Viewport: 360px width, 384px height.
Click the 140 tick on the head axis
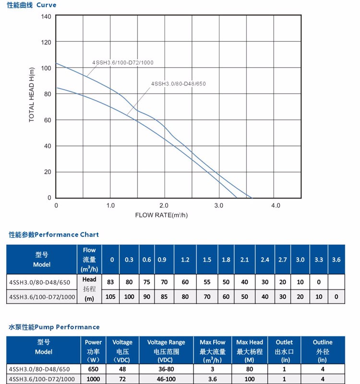(46, 16)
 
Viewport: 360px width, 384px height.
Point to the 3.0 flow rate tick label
(219, 206)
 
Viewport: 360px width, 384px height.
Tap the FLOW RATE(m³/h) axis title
(161, 215)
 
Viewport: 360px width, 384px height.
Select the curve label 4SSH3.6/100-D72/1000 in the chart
(123, 62)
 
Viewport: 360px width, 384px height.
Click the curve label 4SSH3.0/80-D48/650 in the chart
(178, 84)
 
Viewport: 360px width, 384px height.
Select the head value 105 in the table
(111, 297)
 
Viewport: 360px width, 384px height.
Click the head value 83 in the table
(111, 282)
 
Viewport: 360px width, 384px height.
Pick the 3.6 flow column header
(336, 260)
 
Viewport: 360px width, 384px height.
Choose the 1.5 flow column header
(207, 260)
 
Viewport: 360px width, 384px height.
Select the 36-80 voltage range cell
(166, 369)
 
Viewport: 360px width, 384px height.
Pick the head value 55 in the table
(207, 282)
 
